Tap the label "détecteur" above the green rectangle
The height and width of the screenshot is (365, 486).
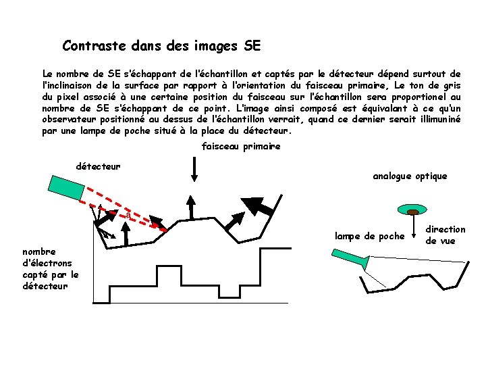click(99, 166)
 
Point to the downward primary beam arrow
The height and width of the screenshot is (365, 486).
click(194, 169)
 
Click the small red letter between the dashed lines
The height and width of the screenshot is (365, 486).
click(126, 215)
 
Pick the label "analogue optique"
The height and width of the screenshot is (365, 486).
click(410, 176)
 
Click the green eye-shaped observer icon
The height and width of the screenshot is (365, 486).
click(411, 209)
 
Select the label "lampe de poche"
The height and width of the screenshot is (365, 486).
click(369, 236)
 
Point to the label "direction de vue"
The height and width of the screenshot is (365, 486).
click(446, 235)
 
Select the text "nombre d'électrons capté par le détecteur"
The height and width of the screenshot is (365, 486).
click(50, 269)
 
